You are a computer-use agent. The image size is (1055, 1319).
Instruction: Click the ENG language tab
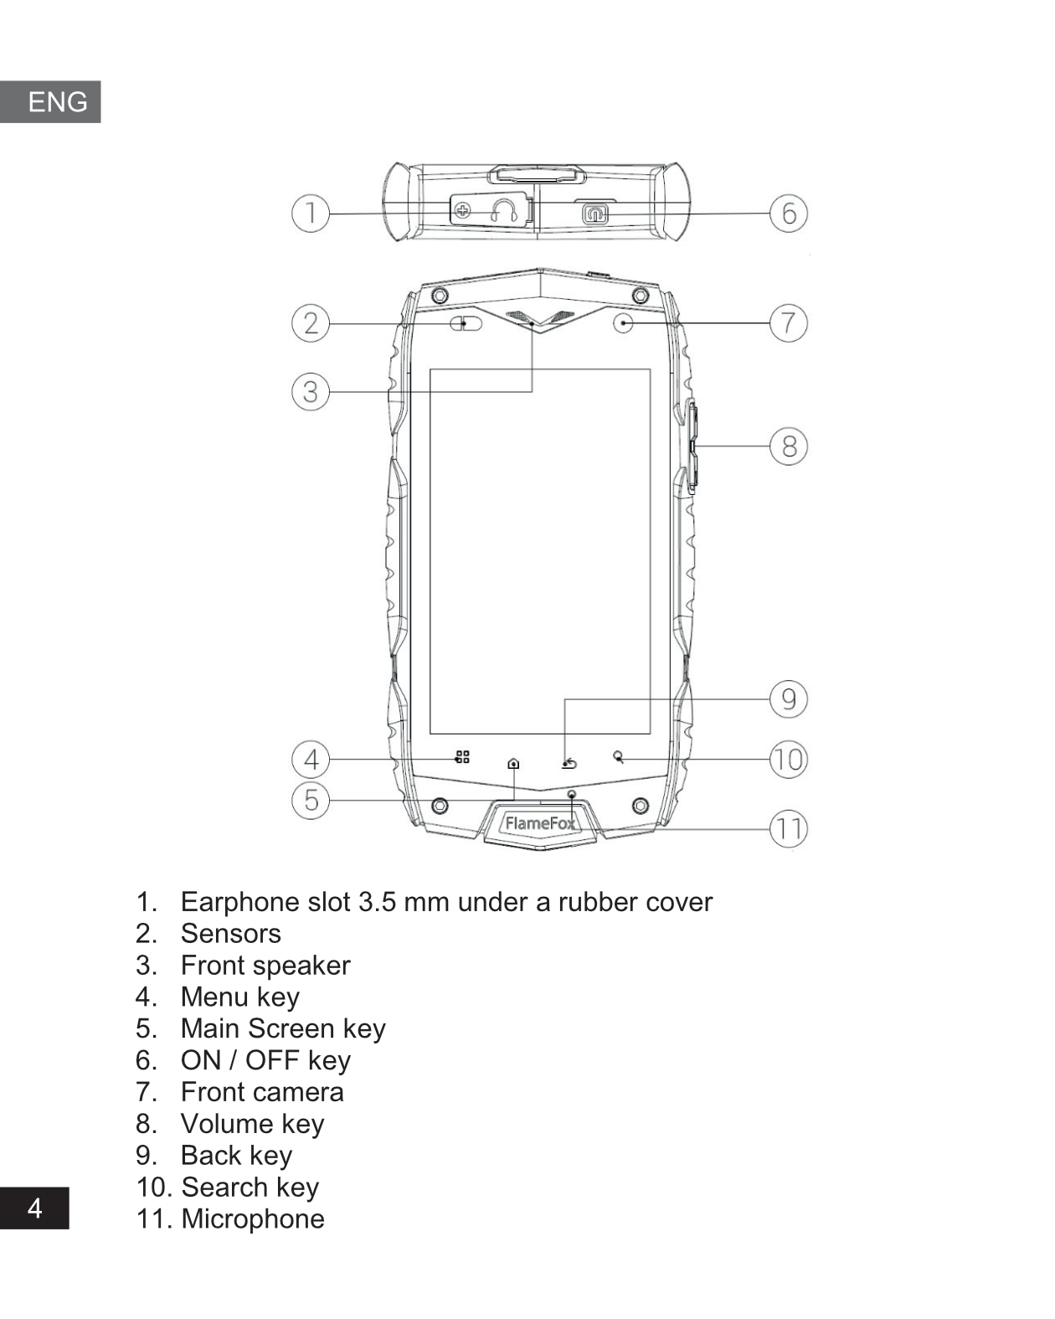coord(51,102)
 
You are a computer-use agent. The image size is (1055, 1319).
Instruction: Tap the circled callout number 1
coord(310,213)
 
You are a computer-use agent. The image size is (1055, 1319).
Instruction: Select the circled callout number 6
coord(789,213)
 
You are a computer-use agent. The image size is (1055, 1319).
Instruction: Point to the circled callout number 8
coord(789,446)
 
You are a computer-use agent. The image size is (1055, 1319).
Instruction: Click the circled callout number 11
coord(789,829)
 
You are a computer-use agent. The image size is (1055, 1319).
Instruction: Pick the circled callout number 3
coord(310,391)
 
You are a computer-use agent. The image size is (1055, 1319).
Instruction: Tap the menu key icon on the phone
coord(462,757)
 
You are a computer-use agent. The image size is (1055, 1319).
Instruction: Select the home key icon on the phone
coord(513,763)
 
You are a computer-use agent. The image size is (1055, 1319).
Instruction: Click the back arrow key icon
coord(569,763)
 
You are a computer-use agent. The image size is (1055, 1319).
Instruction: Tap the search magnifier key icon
coord(618,757)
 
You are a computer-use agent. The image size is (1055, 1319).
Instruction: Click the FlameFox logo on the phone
coord(540,823)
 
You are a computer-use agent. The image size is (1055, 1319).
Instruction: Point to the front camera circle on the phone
coord(623,322)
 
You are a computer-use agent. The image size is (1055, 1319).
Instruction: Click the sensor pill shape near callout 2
coord(467,323)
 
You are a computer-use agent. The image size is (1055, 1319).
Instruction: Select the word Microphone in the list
coord(253,1219)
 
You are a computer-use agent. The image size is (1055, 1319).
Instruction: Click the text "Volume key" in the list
coord(252,1124)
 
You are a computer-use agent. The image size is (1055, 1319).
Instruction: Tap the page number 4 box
coord(34,1208)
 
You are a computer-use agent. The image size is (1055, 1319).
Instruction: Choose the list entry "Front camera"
coord(262,1092)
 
